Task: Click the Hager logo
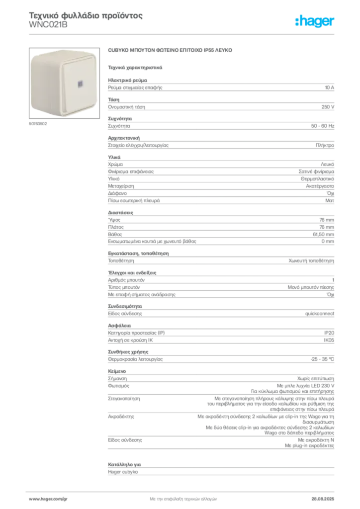point(315,21)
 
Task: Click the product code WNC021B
point(48,25)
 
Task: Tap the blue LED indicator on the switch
point(80,85)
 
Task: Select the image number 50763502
point(38,124)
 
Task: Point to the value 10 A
point(330,87)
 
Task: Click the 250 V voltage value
point(328,107)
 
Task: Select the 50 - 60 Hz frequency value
point(323,126)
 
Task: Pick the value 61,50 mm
point(323,235)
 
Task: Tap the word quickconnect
point(319,314)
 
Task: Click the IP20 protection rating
point(329,333)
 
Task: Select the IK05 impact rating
point(329,340)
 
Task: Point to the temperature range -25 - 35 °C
point(322,359)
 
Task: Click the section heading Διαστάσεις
point(120,213)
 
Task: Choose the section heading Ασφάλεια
point(119,326)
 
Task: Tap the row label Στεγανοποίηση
point(124,399)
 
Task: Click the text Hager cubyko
point(123,472)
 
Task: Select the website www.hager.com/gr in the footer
point(48,499)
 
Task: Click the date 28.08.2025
point(323,499)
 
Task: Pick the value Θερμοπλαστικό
point(317,179)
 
